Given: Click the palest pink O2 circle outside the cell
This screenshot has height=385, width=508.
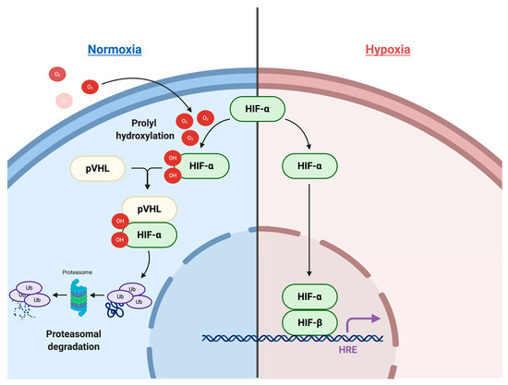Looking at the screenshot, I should click(63, 100).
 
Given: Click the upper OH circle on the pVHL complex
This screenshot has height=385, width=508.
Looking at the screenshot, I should click(118, 222).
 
